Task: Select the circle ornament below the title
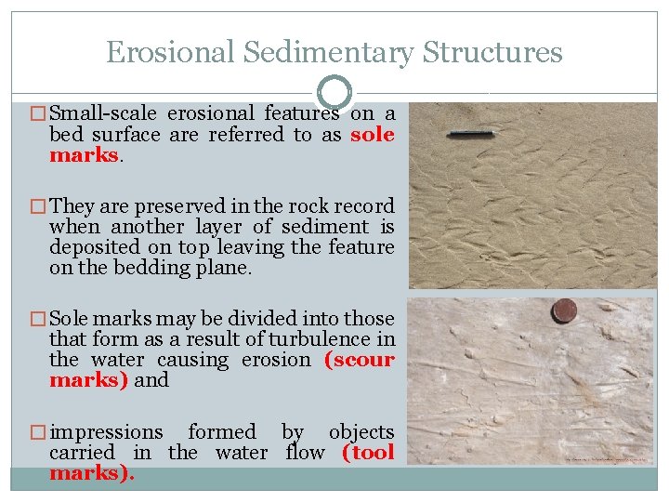pyautogui.click(x=334, y=92)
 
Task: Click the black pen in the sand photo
pyautogui.click(x=470, y=134)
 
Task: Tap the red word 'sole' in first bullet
pyautogui.click(x=373, y=135)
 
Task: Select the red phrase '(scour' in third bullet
pyautogui.click(x=359, y=360)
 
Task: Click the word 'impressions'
pyautogui.click(x=106, y=432)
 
